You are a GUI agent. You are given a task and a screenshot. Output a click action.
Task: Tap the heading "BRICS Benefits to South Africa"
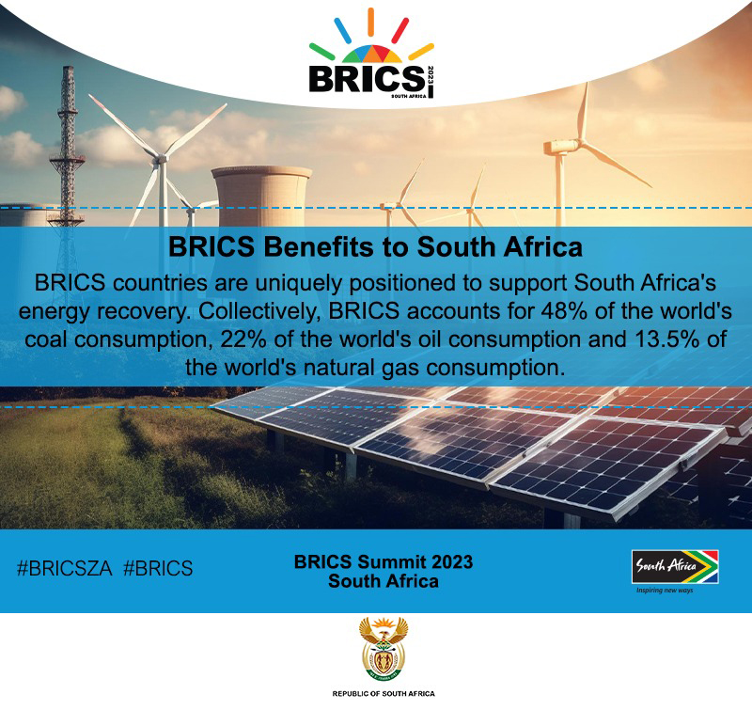pyautogui.click(x=375, y=247)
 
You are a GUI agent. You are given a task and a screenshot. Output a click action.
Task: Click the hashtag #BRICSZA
pyautogui.click(x=65, y=569)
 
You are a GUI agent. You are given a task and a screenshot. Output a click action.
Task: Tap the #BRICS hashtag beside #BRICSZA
pyautogui.click(x=158, y=569)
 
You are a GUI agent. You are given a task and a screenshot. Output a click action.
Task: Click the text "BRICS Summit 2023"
pyautogui.click(x=384, y=561)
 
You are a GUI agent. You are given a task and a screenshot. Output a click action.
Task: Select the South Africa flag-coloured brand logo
pyautogui.click(x=675, y=566)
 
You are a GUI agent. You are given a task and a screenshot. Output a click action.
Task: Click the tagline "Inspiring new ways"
pyautogui.click(x=665, y=590)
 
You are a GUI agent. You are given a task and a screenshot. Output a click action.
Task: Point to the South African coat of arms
pyautogui.click(x=384, y=650)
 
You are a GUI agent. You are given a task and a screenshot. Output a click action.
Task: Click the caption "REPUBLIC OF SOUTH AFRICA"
pyautogui.click(x=384, y=694)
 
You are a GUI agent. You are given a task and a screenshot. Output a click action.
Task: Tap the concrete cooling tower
pyautogui.click(x=262, y=196)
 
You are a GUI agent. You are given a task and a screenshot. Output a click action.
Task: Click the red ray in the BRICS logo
pyautogui.click(x=400, y=30)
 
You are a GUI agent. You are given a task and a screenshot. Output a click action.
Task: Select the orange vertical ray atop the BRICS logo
pyautogui.click(x=370, y=22)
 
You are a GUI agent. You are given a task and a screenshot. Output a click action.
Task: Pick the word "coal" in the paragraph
pyautogui.click(x=46, y=339)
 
